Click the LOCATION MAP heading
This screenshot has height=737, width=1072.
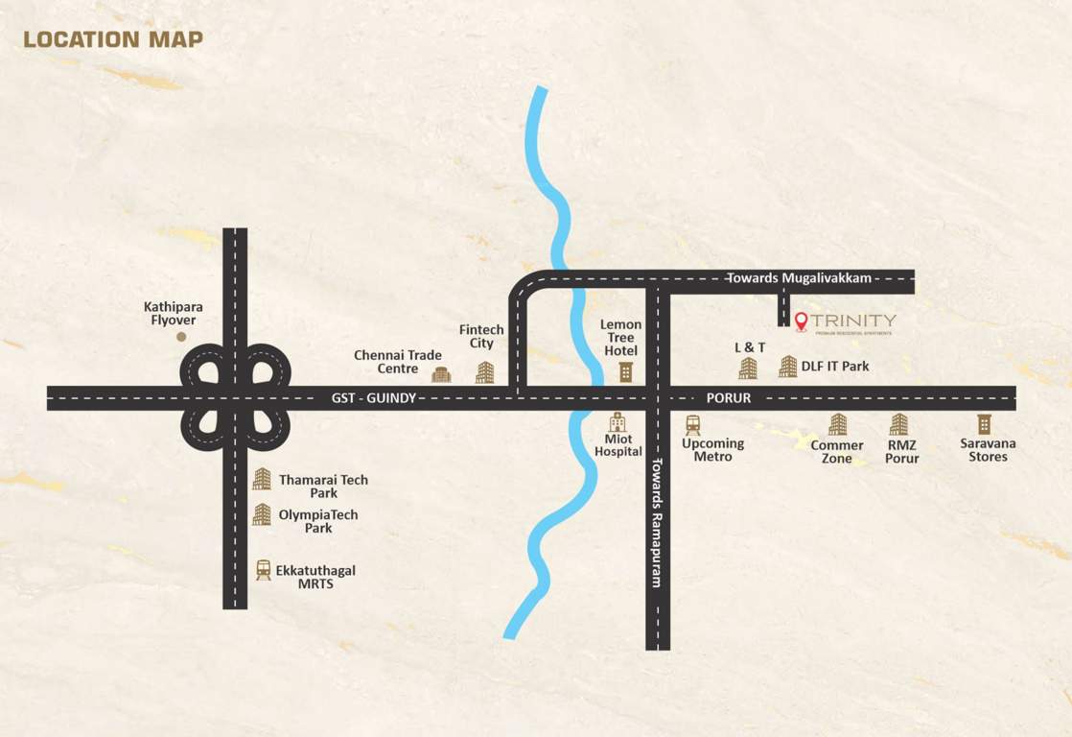point(113,39)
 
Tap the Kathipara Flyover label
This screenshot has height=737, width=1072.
point(174,314)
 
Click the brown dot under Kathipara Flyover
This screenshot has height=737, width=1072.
point(181,337)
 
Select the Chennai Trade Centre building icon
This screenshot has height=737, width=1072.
point(441,374)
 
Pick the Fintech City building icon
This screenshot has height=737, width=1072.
point(485,372)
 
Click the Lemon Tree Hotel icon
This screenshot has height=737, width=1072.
point(625,371)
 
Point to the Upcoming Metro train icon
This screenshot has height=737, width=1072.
point(692,425)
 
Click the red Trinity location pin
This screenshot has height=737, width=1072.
point(801,321)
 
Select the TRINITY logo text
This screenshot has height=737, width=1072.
point(853,321)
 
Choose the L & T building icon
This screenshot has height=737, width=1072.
point(748,368)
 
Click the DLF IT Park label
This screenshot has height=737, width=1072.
point(835,366)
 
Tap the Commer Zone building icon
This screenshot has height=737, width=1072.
point(837,424)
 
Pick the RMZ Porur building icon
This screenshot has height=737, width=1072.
point(898,424)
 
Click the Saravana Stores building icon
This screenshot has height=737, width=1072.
point(984,423)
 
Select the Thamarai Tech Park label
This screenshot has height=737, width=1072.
point(323,486)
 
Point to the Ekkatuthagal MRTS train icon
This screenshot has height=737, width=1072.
point(263,569)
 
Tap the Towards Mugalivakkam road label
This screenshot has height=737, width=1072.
point(799,278)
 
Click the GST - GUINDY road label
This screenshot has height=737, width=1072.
point(373,397)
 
